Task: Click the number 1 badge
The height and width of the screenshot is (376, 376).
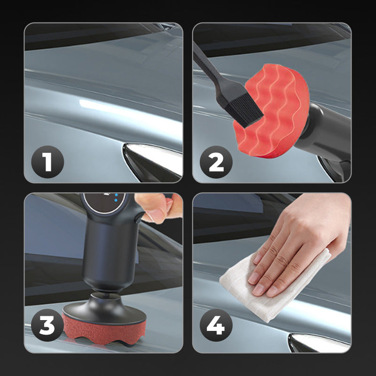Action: point(47,161)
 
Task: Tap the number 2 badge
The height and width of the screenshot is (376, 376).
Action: point(216,161)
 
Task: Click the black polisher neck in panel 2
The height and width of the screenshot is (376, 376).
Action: point(324,129)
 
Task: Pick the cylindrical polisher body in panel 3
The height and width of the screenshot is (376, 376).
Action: point(108,254)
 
